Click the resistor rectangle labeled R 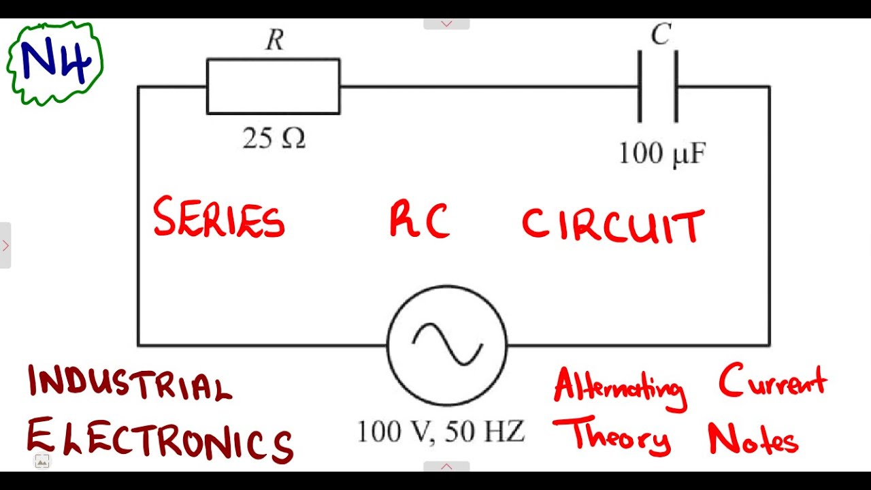coord(273,86)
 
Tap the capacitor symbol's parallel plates coord(657,86)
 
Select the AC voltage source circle coord(447,345)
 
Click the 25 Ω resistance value coord(274,138)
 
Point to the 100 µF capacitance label coord(661,153)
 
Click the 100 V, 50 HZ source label coord(441,431)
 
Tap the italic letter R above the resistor coord(274,41)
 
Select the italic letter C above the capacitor coord(661,34)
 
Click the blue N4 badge coord(54,63)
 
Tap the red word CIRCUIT coord(612,226)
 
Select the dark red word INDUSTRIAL coord(129,384)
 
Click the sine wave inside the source coord(447,344)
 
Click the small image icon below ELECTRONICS coord(42,461)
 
